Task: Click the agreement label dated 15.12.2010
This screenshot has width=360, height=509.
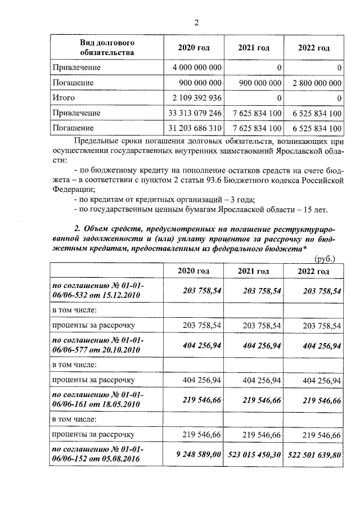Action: (x=97, y=291)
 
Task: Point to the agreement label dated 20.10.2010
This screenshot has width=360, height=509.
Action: (x=97, y=345)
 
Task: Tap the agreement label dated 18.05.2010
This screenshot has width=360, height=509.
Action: (x=97, y=399)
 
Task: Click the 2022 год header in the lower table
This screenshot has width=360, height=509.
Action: (x=314, y=271)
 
